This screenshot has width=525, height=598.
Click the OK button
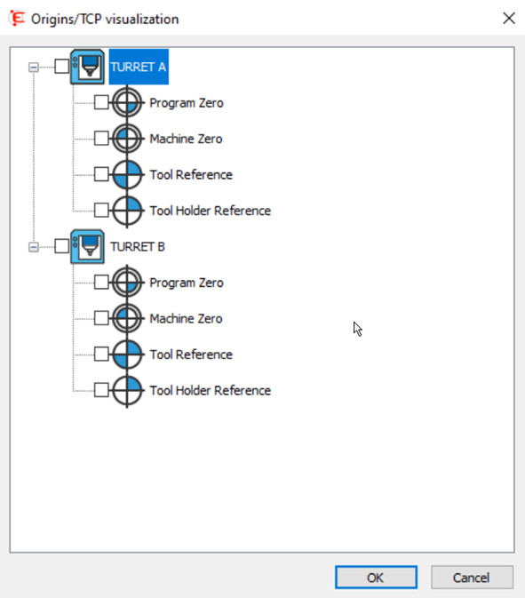click(376, 577)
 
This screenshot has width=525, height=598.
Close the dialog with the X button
click(509, 19)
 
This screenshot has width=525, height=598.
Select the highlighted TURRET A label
click(139, 67)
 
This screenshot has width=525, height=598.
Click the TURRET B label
click(138, 247)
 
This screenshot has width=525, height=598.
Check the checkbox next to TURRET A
click(62, 67)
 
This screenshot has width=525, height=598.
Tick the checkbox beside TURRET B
click(62, 246)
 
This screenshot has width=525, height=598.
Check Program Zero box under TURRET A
click(101, 102)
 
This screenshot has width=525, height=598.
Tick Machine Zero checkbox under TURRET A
click(101, 138)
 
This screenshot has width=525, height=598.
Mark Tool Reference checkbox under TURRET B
click(101, 354)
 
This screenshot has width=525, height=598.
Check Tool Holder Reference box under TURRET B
click(101, 390)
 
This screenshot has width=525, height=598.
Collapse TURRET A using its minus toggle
click(34, 68)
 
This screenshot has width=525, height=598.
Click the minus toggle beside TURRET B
click(34, 247)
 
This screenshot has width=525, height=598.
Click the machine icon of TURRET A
click(87, 67)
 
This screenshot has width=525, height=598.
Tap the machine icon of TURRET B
click(87, 246)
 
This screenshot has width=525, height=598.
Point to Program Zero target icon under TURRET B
click(127, 283)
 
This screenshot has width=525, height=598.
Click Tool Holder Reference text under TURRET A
click(210, 211)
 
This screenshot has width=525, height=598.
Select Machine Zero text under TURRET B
click(186, 318)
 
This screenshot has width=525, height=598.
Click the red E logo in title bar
click(17, 19)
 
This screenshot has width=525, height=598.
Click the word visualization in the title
click(142, 19)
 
